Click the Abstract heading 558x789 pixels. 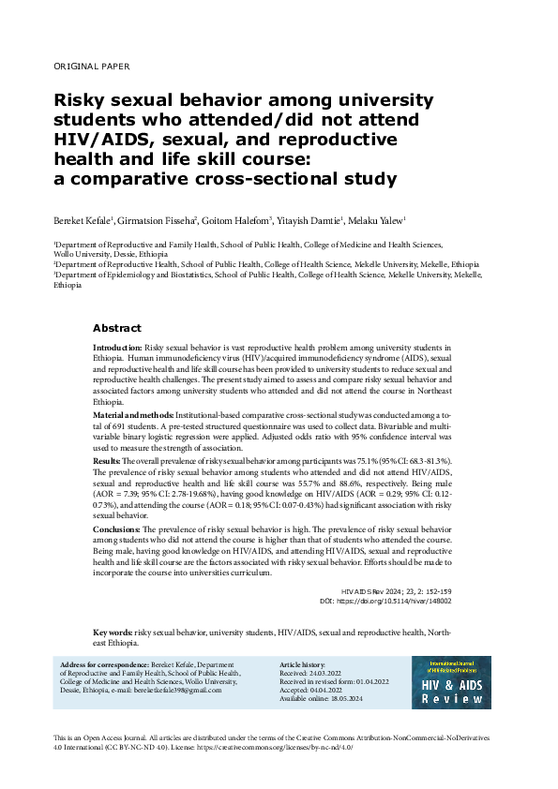click(116, 329)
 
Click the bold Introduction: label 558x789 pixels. click(117, 348)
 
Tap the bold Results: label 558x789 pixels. click(107, 463)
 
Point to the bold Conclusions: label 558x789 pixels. click(116, 529)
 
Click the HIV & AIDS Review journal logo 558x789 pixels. click(452, 681)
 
